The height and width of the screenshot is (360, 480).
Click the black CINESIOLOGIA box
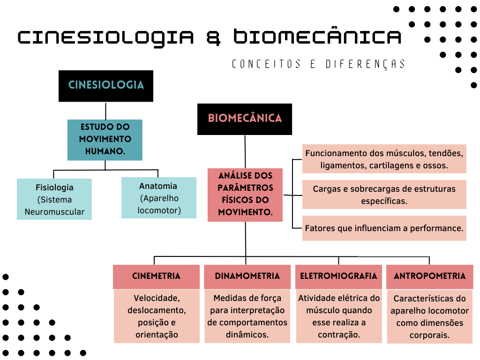[x=106, y=86]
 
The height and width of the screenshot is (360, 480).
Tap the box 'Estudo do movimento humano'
[x=105, y=140]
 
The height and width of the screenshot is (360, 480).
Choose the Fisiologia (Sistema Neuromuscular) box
[x=54, y=199]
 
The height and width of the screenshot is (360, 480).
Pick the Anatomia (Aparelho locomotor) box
[x=159, y=198]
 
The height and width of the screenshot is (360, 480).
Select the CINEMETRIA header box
[x=156, y=277]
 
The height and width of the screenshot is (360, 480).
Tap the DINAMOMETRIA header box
[x=247, y=277]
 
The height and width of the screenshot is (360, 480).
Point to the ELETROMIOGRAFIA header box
[x=338, y=277]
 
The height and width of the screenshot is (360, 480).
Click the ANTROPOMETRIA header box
[x=430, y=277]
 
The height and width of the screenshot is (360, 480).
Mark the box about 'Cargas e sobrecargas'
[x=384, y=195]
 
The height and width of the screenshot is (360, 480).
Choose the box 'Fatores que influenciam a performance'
[x=384, y=228]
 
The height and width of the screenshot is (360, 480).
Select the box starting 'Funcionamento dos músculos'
[x=384, y=159]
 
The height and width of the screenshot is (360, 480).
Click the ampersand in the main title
[x=213, y=37]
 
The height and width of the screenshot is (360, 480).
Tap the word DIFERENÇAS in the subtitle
[x=365, y=64]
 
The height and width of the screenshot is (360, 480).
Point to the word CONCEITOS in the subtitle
[x=266, y=64]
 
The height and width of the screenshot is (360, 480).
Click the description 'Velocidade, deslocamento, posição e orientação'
[x=157, y=316]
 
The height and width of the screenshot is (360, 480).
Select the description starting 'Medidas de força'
[x=247, y=316]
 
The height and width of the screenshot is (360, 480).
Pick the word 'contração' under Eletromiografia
[x=338, y=335]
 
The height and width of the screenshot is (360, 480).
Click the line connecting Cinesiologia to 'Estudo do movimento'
[x=106, y=111]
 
